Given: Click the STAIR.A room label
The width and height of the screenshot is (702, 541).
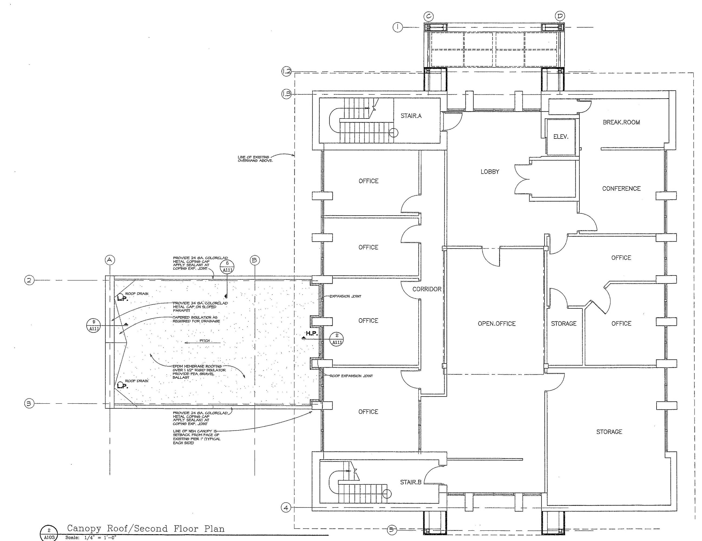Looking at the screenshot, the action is (x=411, y=116).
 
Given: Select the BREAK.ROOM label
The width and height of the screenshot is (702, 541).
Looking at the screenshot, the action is (x=621, y=122).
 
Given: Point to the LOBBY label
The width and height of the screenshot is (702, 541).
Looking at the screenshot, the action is (x=490, y=171).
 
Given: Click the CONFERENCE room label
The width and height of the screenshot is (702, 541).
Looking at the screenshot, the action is (x=621, y=189).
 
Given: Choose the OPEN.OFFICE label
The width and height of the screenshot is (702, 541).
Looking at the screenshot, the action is (x=497, y=324).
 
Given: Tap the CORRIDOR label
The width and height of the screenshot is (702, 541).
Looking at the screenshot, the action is (x=427, y=289).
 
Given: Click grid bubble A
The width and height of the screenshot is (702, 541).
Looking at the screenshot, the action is (x=110, y=260).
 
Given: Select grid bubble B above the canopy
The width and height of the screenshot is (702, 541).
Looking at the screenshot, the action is (x=255, y=260).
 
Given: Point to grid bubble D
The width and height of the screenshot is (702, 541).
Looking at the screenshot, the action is (x=560, y=16).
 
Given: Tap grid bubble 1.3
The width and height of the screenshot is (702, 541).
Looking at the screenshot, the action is (x=286, y=94).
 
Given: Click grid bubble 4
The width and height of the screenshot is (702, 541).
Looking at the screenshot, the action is (x=286, y=508).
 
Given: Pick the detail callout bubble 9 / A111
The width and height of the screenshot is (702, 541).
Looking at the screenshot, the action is (x=94, y=325).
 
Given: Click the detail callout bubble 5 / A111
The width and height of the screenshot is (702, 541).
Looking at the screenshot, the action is (x=227, y=267).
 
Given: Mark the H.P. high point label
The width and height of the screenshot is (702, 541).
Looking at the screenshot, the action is (x=311, y=334).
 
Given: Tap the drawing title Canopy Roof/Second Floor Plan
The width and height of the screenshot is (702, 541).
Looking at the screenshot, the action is (x=146, y=529).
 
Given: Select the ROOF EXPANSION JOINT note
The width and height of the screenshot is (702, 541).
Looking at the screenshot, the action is (x=351, y=376).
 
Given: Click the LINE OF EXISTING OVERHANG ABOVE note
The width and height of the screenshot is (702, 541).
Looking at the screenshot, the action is (x=255, y=159).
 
